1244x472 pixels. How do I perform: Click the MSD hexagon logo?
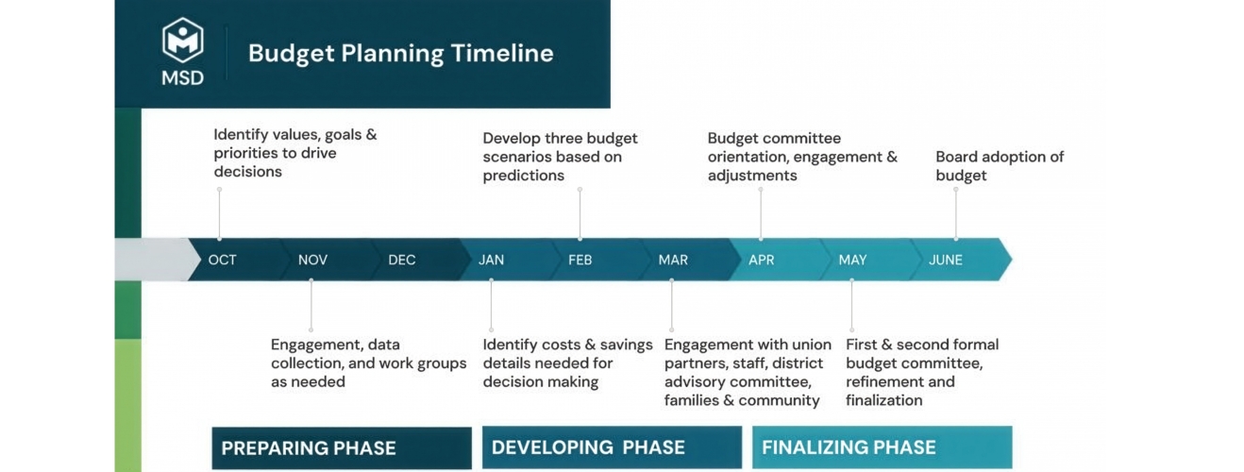click(183, 40)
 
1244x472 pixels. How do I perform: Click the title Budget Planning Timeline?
click(400, 53)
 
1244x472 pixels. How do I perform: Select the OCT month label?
click(222, 260)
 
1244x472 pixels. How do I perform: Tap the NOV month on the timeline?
click(312, 260)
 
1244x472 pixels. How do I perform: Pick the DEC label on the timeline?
click(402, 260)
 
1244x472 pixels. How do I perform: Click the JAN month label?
click(492, 260)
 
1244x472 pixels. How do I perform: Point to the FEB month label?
click(580, 260)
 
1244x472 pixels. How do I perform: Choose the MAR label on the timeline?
click(673, 260)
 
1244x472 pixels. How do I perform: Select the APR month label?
click(762, 260)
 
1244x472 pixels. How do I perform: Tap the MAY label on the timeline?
click(852, 260)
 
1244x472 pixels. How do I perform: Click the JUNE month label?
click(946, 260)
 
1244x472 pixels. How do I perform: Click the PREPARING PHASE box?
click(342, 447)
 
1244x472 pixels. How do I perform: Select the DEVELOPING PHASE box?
click(612, 447)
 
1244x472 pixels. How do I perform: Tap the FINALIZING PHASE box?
click(882, 447)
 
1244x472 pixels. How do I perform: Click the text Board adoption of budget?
click(1000, 166)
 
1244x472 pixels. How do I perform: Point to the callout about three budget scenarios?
click(560, 157)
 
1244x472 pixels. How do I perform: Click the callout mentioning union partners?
click(748, 372)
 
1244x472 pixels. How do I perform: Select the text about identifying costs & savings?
click(567, 363)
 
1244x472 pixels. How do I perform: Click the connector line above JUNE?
click(956, 214)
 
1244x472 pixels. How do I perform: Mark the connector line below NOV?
click(311, 305)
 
